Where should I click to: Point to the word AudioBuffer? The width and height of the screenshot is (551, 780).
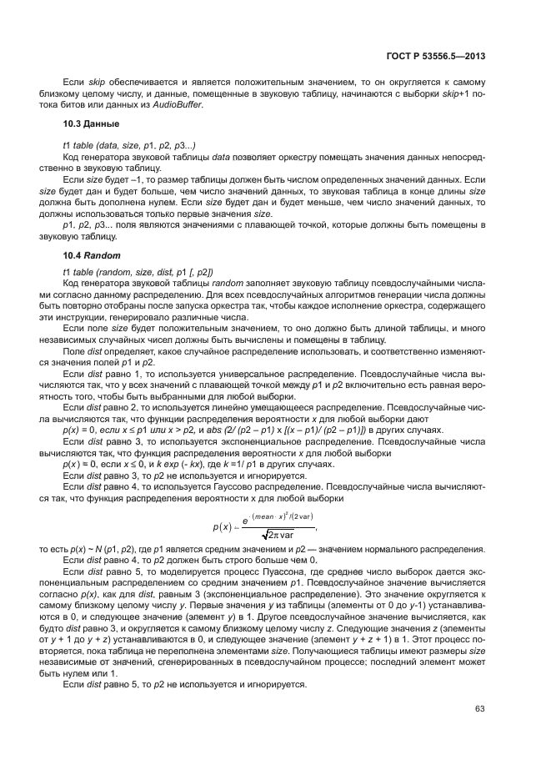click(176, 104)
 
